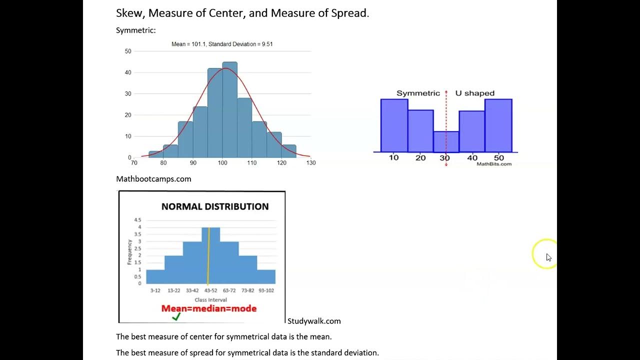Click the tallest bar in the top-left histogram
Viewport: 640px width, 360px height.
(229, 110)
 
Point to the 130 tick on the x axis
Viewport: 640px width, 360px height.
(311, 162)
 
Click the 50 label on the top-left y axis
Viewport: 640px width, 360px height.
(128, 51)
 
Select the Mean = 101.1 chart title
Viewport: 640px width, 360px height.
(222, 44)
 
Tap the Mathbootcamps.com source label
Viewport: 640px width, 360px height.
(153, 179)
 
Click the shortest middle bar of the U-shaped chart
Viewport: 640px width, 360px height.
(446, 141)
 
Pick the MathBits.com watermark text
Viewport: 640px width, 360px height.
(493, 164)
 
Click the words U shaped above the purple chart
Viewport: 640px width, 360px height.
(474, 93)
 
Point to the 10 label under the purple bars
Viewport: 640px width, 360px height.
(394, 157)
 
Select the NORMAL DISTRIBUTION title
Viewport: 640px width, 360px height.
(215, 206)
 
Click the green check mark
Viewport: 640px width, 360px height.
(176, 316)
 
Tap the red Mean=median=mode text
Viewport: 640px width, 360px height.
(209, 308)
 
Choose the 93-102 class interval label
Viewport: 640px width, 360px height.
(265, 290)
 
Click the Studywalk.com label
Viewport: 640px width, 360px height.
(314, 321)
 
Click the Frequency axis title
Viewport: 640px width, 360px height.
(129, 252)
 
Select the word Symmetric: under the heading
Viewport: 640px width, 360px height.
(136, 30)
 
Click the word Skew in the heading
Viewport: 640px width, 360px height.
(128, 13)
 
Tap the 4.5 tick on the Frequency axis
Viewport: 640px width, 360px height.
(137, 220)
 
